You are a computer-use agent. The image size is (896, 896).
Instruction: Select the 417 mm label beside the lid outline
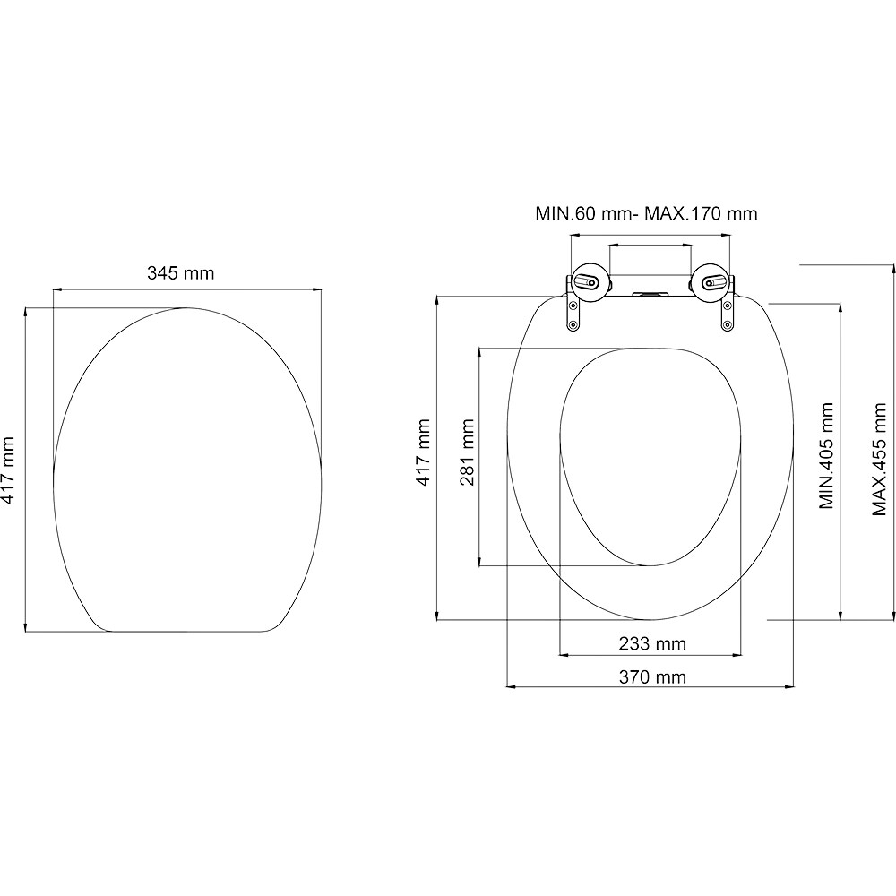[9, 470]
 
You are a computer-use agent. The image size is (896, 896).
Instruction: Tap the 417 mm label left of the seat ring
[424, 452]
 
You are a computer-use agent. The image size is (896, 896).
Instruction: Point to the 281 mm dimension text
[467, 452]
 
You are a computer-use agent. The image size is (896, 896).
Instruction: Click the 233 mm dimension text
[651, 643]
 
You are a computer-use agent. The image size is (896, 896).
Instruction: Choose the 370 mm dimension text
[651, 676]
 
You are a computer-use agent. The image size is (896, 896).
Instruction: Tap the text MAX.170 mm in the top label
[703, 213]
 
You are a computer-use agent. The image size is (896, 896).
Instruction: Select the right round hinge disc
[708, 282]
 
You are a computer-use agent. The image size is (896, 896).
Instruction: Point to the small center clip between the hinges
[649, 293]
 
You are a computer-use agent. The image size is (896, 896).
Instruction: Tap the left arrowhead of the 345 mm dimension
[56, 289]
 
